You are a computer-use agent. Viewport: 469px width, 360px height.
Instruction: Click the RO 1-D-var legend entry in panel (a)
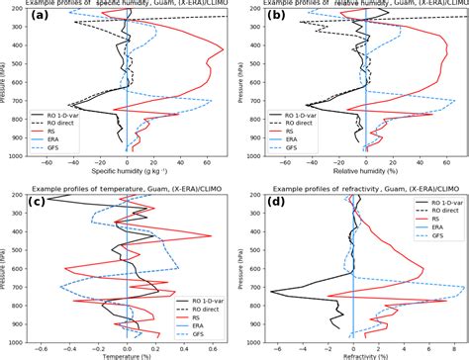[x=72, y=114]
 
